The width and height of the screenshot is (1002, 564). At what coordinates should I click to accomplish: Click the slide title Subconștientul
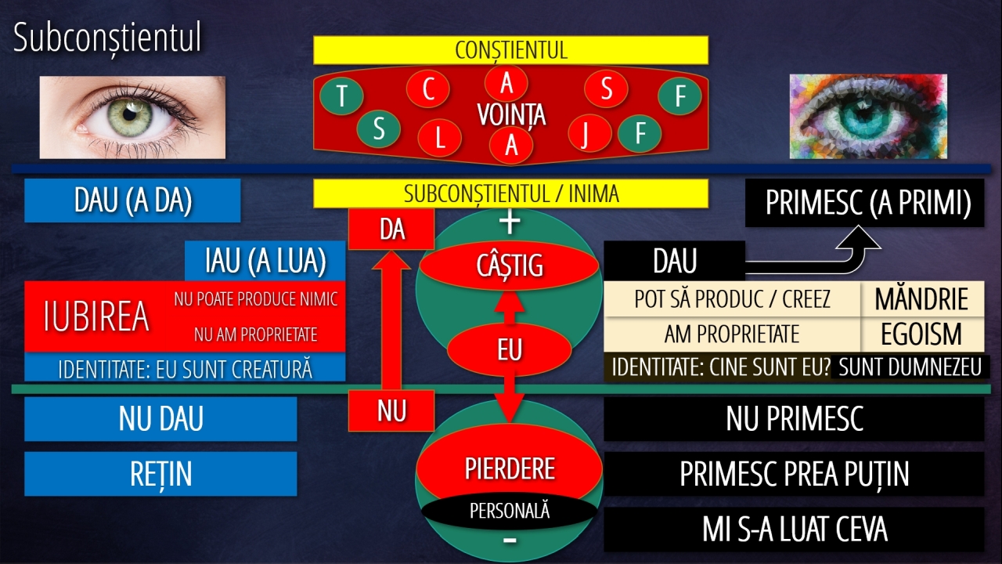click(x=107, y=38)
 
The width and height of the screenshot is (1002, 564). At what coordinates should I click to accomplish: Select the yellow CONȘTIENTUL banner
click(x=511, y=50)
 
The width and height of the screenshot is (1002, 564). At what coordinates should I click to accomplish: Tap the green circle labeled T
click(x=342, y=96)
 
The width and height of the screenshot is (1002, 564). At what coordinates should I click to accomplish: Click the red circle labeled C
click(x=428, y=89)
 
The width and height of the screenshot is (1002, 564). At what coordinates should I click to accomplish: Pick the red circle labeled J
click(x=589, y=133)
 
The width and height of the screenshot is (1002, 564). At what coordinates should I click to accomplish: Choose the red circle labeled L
click(x=439, y=138)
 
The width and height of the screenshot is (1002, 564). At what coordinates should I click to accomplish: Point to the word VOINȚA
click(x=511, y=115)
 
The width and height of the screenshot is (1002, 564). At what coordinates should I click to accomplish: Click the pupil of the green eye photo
click(x=130, y=114)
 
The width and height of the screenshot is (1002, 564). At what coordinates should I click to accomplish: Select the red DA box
click(x=391, y=230)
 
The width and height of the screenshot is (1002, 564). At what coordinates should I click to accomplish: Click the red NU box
click(x=391, y=410)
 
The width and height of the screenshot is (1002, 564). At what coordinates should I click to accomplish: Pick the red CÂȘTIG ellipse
click(x=509, y=266)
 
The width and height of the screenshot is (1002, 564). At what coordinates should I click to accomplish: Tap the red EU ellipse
click(x=509, y=349)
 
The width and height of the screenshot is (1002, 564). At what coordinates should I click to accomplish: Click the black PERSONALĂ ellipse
click(x=509, y=511)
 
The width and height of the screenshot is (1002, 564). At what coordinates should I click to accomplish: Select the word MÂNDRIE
click(x=921, y=299)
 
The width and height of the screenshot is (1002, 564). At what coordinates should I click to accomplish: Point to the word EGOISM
click(x=921, y=334)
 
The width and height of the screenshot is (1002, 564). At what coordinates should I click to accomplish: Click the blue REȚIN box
click(x=160, y=474)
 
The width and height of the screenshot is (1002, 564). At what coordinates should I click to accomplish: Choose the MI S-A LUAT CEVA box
click(x=794, y=529)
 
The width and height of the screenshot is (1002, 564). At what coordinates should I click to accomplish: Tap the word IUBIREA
click(x=96, y=316)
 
